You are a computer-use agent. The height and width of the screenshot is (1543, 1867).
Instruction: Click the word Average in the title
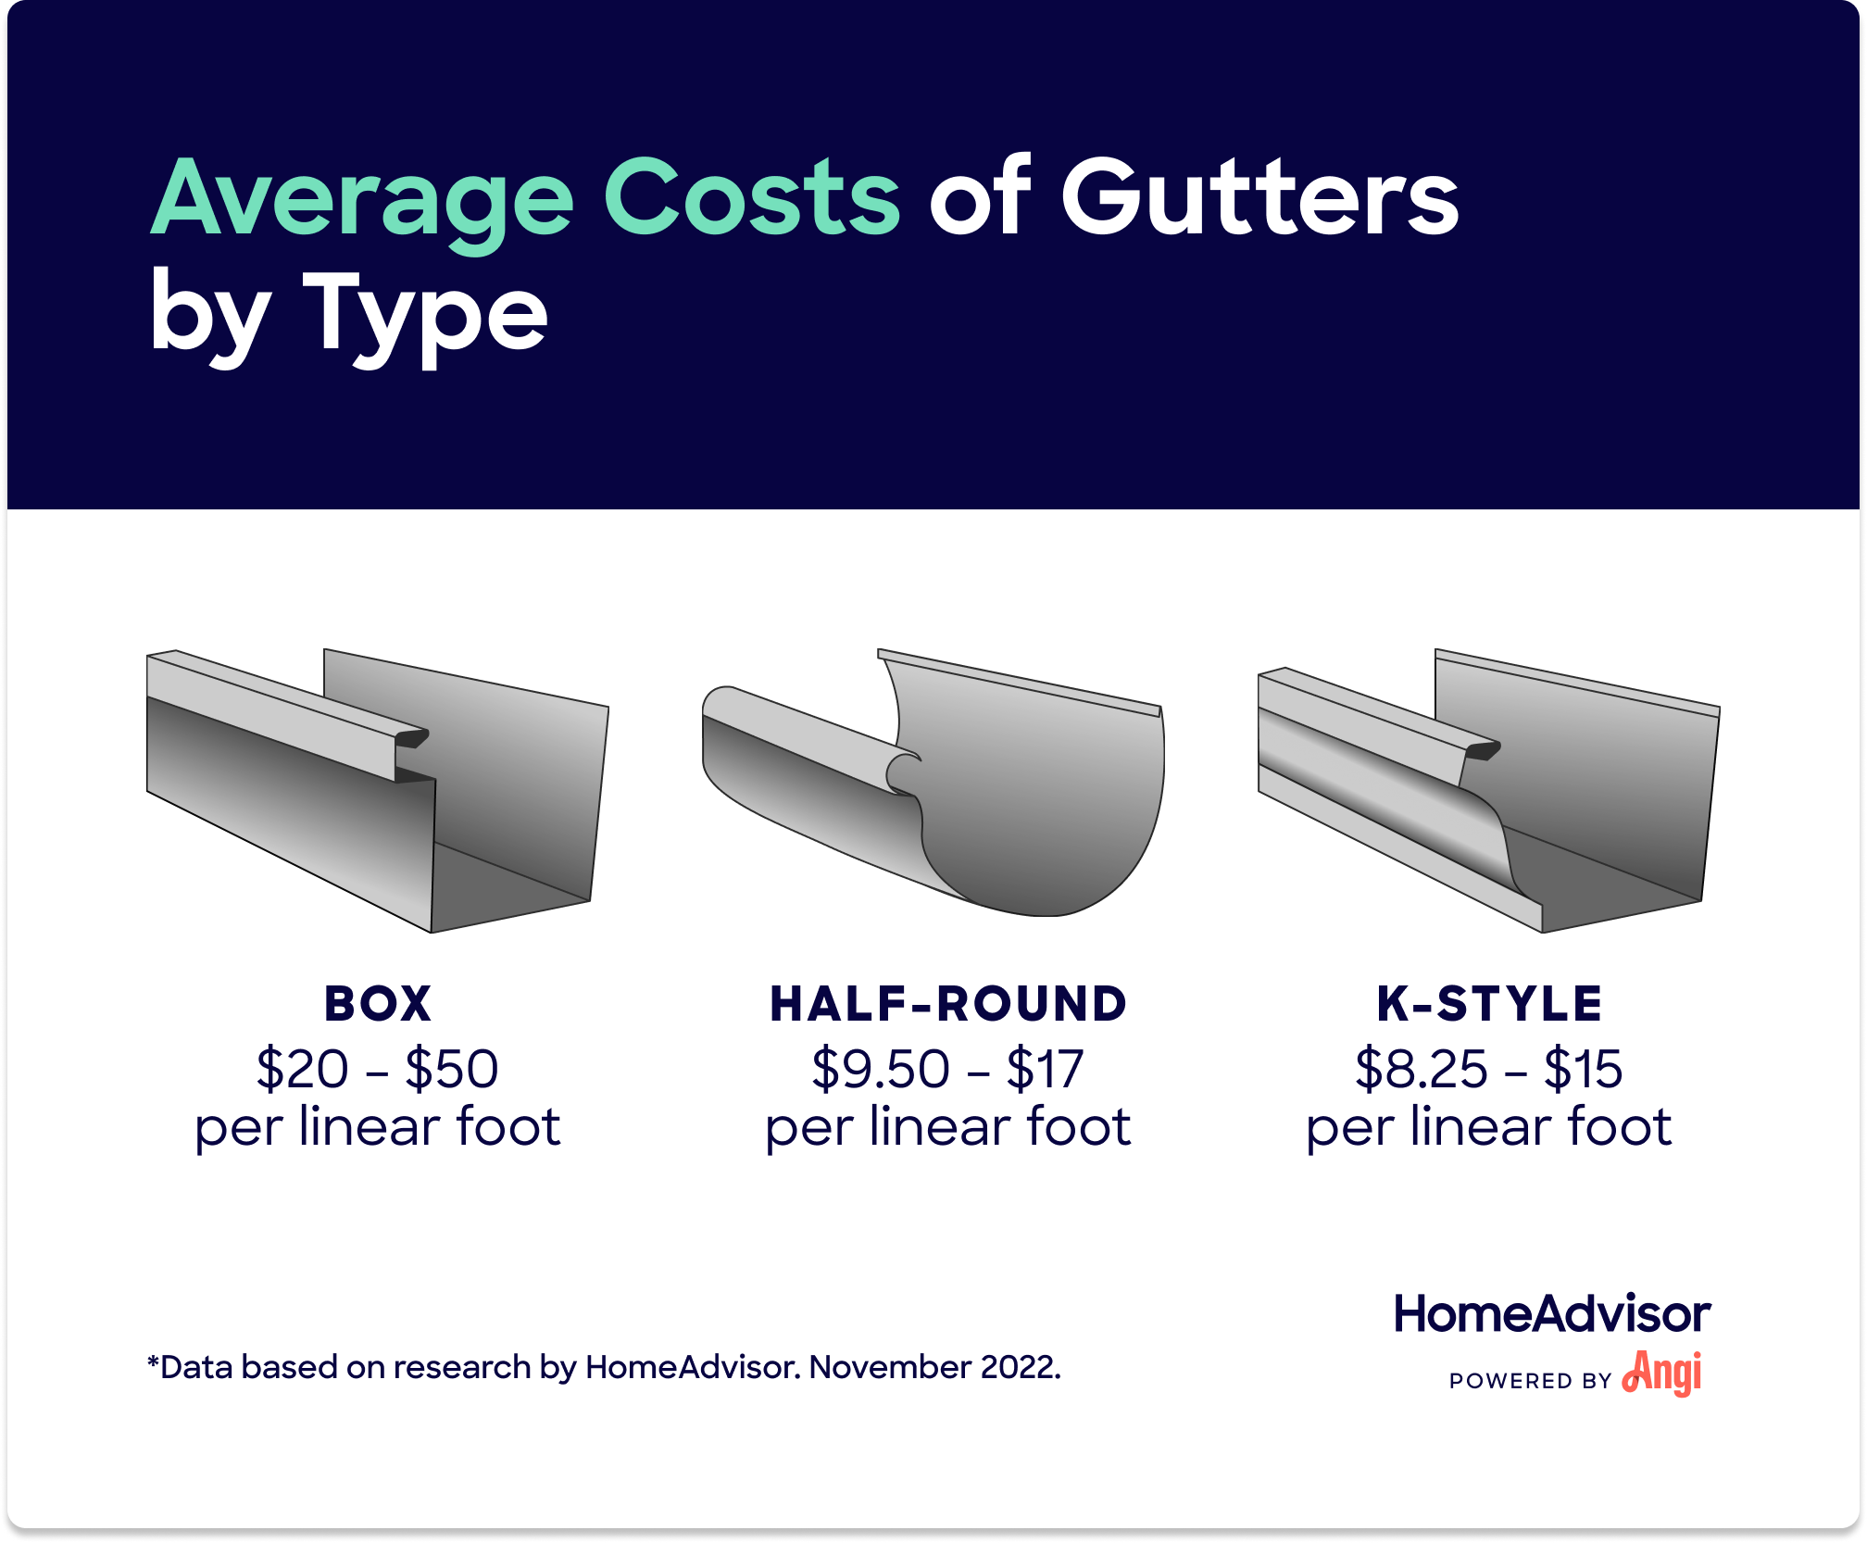pyautogui.click(x=362, y=199)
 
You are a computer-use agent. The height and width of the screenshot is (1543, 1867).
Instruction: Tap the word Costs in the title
pyautogui.click(x=751, y=197)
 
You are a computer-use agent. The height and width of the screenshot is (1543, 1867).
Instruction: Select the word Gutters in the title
pyautogui.click(x=1259, y=197)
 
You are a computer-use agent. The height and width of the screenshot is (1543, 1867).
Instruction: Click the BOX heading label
pyautogui.click(x=378, y=1004)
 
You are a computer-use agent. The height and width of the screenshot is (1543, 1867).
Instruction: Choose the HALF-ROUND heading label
pyautogui.click(x=948, y=1004)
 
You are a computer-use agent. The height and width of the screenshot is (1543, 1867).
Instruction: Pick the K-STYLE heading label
pyautogui.click(x=1489, y=1004)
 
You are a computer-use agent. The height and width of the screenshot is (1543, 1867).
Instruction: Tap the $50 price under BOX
pyautogui.click(x=452, y=1069)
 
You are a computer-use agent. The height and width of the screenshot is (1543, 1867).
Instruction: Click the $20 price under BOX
pyautogui.click(x=303, y=1069)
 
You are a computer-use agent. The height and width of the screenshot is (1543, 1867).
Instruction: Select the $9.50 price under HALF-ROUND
pyautogui.click(x=881, y=1069)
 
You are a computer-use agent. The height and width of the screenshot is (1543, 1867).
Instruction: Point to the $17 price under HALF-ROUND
pyautogui.click(x=1045, y=1069)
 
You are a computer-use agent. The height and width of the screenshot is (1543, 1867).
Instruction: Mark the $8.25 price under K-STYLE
pyautogui.click(x=1422, y=1069)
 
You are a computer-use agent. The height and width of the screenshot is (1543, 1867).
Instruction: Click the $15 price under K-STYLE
pyautogui.click(x=1583, y=1069)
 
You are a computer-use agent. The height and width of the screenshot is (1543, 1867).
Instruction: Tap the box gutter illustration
pyautogui.click(x=378, y=792)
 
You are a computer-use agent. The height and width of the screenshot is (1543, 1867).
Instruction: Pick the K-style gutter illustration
pyautogui.click(x=1489, y=792)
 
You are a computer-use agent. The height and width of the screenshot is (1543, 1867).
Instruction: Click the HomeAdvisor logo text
pyautogui.click(x=1552, y=1314)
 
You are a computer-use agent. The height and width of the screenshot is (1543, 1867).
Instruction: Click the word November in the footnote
pyautogui.click(x=890, y=1367)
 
